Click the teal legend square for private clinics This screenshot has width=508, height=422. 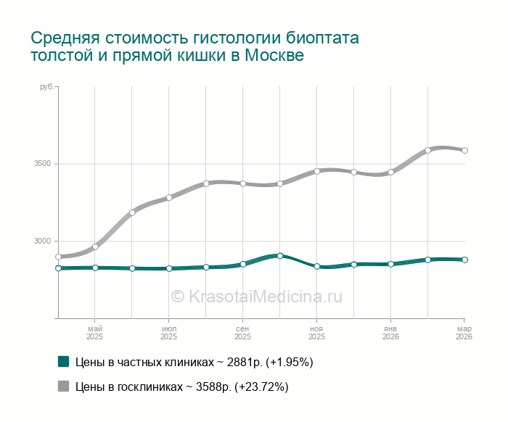[63, 361]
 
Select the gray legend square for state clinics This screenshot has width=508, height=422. [63, 386]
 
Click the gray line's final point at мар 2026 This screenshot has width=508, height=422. [464, 151]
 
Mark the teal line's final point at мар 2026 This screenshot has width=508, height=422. [464, 260]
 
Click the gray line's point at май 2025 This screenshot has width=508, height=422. [95, 247]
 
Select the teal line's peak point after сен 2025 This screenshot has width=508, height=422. [279, 255]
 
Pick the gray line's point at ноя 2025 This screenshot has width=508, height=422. [316, 171]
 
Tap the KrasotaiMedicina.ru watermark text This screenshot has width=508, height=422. [256, 296]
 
